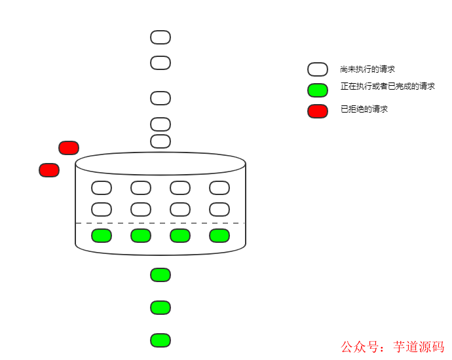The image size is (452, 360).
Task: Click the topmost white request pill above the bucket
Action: point(160,37)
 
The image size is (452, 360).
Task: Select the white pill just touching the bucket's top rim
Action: point(160,141)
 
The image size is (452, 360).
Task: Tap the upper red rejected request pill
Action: point(69,148)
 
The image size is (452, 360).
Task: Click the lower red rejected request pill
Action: point(49,170)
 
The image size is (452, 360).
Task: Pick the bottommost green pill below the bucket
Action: point(160,340)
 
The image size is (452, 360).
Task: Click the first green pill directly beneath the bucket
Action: point(160,275)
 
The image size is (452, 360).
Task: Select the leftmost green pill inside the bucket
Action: point(102,236)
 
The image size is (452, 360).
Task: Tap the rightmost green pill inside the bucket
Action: point(219,236)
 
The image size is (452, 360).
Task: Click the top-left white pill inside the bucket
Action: point(102,188)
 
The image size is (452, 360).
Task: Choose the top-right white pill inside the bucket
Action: point(219,188)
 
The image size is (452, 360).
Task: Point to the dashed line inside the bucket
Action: point(160,223)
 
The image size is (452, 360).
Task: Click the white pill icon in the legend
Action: point(318,69)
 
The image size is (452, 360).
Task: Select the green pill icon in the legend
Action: point(318,90)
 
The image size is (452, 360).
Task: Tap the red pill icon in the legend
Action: point(318,111)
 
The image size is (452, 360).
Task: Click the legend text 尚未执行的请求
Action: point(367,69)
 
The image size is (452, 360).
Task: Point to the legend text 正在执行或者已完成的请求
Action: point(388,86)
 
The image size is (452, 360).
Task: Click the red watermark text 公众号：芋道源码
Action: point(392,347)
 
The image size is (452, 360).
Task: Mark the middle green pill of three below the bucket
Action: point(160,308)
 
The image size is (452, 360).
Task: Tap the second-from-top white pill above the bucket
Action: point(160,63)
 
